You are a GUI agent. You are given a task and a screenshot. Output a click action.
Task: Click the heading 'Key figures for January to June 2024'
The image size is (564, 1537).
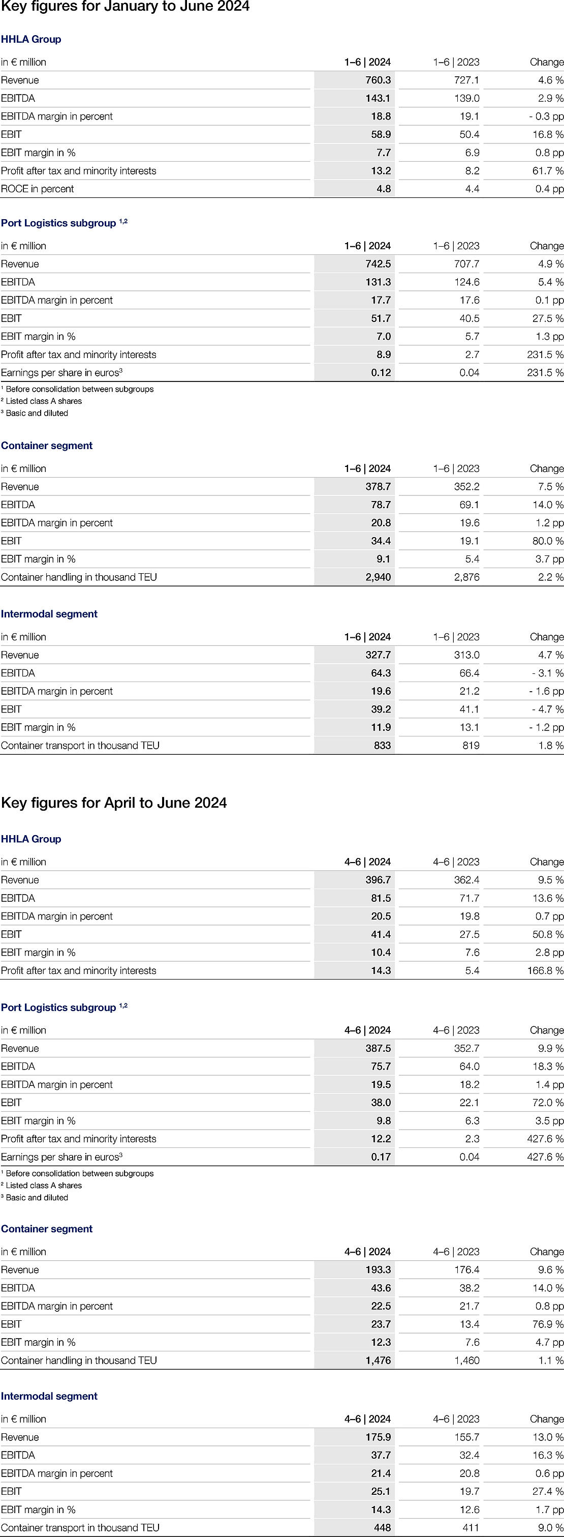125,7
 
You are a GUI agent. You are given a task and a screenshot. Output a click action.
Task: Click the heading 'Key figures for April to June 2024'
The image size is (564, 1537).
114,803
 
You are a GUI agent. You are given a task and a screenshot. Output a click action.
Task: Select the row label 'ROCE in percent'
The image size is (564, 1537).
38,189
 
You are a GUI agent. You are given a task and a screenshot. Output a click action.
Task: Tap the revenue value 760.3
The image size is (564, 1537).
378,80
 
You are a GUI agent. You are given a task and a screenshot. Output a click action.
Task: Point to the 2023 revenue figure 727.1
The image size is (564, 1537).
467,80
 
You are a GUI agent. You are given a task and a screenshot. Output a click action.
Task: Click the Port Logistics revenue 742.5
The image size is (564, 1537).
378,264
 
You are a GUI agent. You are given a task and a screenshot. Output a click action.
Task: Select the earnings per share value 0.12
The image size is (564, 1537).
381,372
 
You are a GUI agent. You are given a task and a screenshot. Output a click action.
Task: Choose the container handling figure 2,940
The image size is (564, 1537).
378,577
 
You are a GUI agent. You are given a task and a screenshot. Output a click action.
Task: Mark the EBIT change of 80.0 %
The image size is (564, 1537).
548,541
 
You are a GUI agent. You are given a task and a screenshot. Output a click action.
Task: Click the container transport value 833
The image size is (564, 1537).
382,745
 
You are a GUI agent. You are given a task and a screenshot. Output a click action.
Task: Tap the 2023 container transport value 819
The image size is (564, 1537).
471,745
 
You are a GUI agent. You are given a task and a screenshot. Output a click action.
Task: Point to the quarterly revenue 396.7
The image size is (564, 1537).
378,880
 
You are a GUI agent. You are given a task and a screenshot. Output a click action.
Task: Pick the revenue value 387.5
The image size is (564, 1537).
378,1048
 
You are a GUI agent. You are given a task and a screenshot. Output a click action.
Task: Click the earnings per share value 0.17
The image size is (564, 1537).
381,1157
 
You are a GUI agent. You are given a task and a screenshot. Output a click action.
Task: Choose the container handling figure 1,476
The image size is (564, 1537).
378,1361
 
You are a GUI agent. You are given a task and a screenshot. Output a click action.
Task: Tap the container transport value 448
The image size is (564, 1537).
382,1528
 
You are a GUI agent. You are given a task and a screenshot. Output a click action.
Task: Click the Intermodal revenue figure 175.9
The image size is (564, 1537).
378,1437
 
